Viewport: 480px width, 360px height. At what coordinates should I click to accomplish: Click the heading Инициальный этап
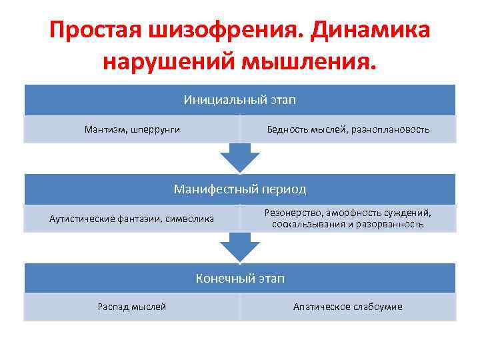240,100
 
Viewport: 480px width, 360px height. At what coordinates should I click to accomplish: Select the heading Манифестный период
240,189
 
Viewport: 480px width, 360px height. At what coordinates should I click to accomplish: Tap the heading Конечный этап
240,279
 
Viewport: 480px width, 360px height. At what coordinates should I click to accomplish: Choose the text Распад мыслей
132,307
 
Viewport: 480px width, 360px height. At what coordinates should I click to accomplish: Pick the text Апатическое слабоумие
348,307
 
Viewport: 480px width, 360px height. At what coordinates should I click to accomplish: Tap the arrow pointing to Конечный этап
240,248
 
